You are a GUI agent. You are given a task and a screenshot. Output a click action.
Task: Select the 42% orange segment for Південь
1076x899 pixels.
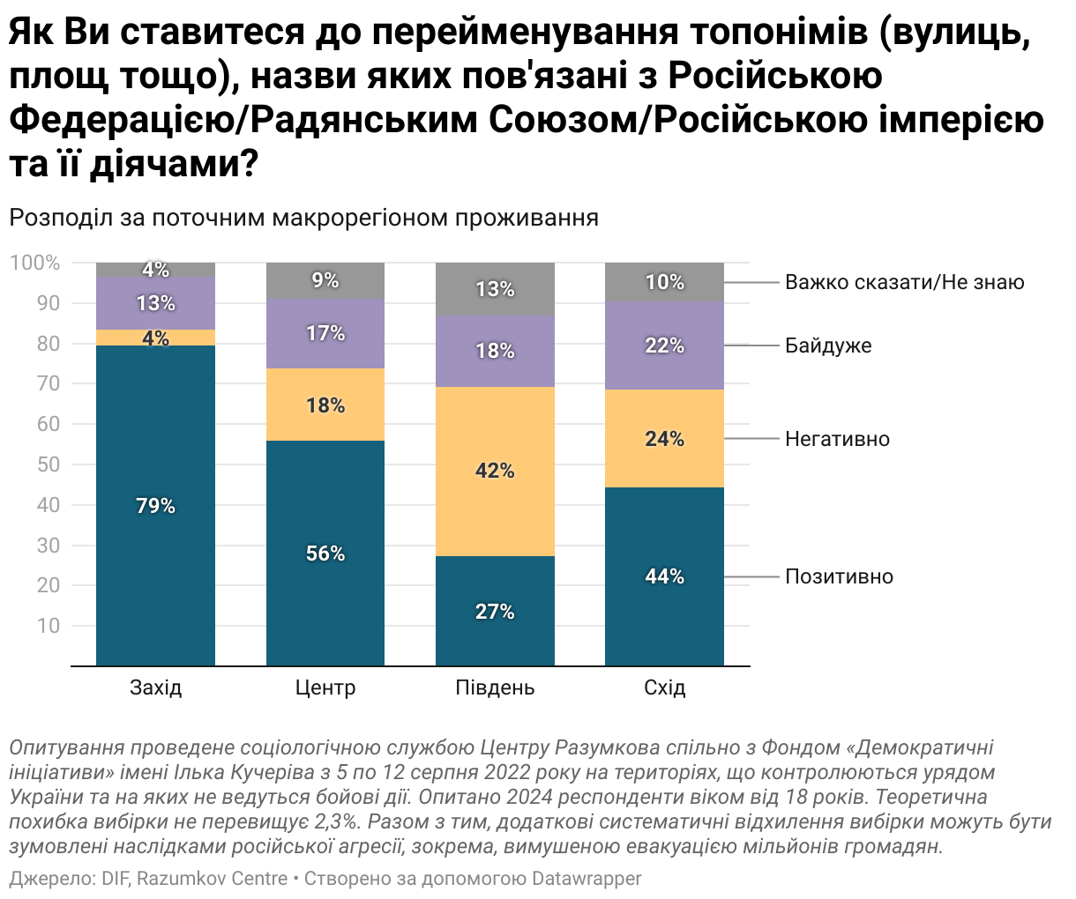coord(495,472)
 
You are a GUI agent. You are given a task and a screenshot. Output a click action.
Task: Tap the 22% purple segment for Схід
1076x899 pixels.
coord(664,346)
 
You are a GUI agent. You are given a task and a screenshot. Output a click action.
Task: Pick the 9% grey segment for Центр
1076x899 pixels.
coord(325,281)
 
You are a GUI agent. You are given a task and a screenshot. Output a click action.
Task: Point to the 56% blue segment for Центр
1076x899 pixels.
coord(325,554)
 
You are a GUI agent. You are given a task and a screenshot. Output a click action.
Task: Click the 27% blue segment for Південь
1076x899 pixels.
coord(495,611)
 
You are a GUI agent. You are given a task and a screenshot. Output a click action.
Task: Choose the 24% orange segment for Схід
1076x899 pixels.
coord(664,439)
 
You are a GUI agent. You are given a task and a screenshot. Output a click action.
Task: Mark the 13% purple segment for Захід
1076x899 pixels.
coord(155,303)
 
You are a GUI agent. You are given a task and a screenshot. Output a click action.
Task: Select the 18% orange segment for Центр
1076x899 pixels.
coord(325,405)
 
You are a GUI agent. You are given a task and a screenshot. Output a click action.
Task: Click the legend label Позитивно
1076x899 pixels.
coord(839,577)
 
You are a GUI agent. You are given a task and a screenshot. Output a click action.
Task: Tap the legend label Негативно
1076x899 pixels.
coord(837,439)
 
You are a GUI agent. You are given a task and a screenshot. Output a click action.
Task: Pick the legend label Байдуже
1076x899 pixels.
coord(828,345)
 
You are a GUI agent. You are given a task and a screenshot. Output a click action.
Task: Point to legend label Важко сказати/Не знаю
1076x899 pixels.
coord(905,282)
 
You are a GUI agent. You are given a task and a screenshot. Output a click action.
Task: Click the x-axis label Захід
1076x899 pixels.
coord(155,687)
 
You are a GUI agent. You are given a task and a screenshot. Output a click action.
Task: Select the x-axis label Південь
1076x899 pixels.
coord(495,687)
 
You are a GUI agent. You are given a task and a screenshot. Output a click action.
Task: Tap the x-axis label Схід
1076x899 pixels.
coord(664,687)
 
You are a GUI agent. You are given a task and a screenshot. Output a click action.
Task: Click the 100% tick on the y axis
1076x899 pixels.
coord(35,263)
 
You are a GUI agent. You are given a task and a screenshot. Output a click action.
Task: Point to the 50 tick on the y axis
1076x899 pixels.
coord(48,464)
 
